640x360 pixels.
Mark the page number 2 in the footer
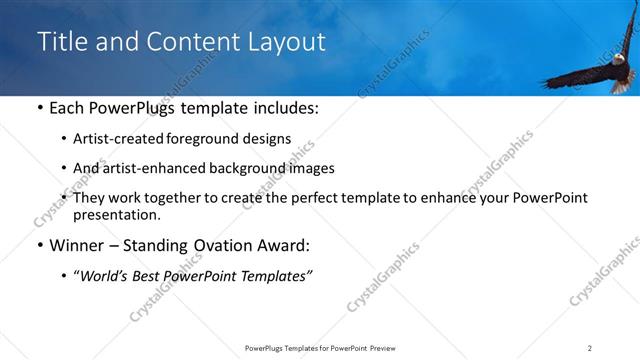point(590,348)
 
